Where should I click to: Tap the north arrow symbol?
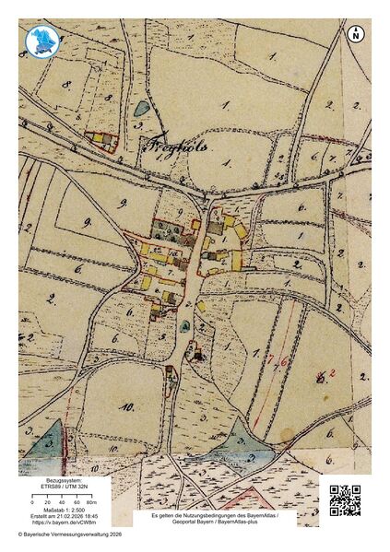tap(356, 34)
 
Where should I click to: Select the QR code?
tap(345, 499)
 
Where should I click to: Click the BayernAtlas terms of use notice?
tap(216, 520)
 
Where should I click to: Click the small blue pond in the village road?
tap(188, 324)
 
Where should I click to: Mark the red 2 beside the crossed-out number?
tap(332, 372)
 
